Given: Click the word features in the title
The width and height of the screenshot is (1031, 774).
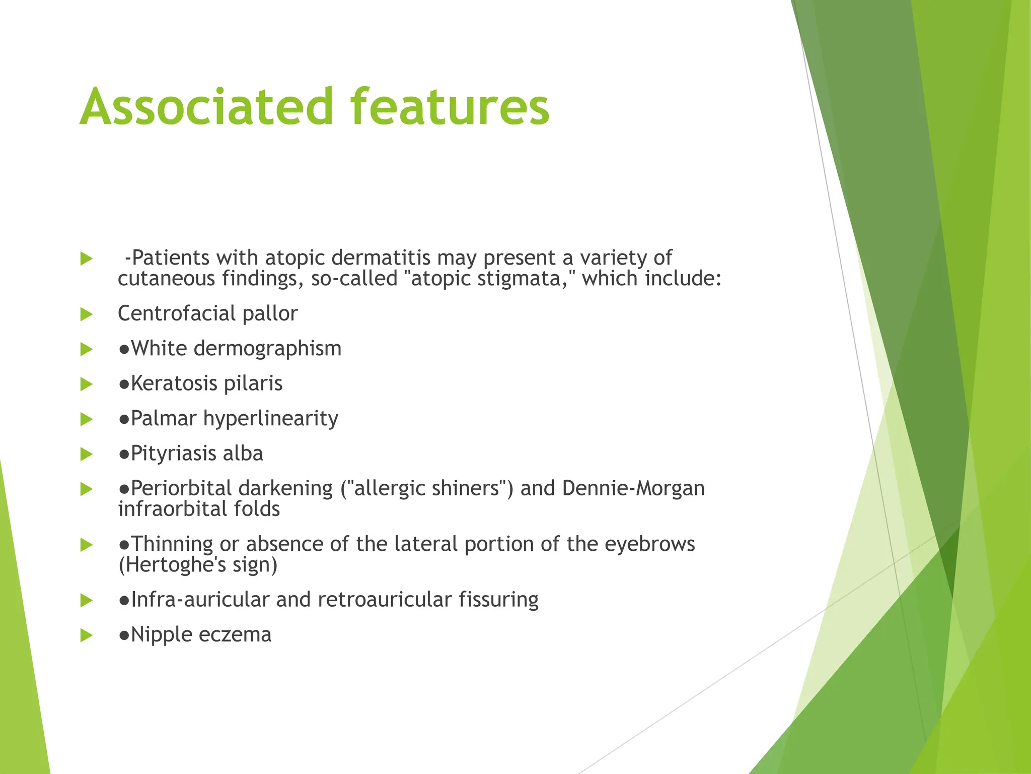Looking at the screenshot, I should [x=450, y=107].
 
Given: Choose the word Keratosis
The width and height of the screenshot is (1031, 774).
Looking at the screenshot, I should [x=174, y=383].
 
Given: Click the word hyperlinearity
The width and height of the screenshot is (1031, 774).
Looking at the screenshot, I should [x=271, y=419].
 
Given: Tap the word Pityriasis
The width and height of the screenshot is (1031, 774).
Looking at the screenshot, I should [x=174, y=454].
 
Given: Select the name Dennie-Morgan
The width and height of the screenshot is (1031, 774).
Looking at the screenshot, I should [x=633, y=488].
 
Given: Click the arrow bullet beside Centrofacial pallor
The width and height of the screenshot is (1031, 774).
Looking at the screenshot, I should [x=87, y=315].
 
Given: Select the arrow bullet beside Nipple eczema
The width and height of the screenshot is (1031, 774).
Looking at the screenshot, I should [x=87, y=635].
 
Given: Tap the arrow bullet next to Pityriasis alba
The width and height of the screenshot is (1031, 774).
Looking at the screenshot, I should [x=87, y=455].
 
